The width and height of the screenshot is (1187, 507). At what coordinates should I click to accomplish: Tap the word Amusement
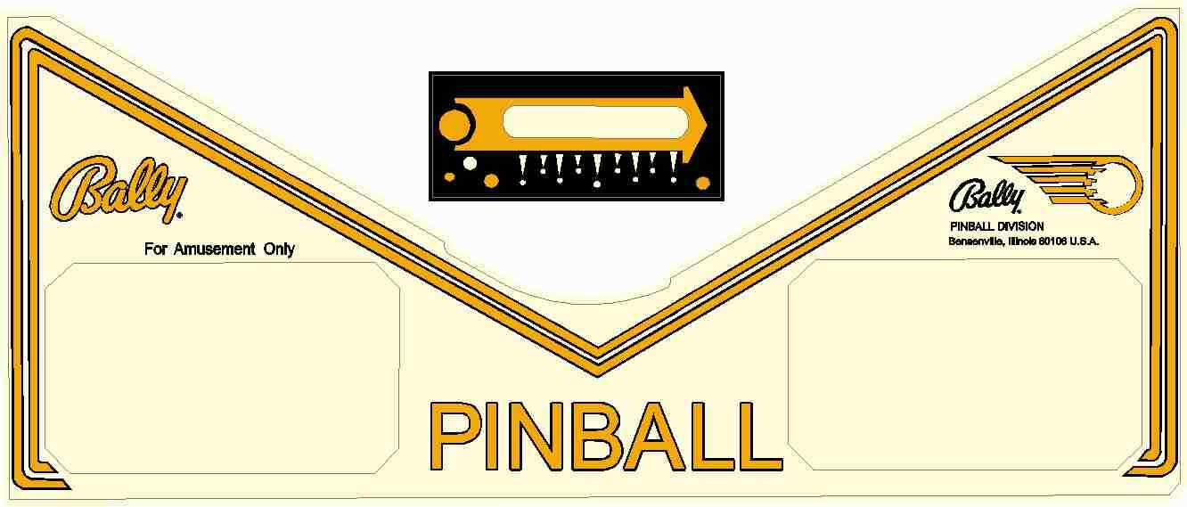tap(213, 249)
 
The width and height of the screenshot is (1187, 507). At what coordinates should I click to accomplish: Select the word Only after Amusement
tap(279, 249)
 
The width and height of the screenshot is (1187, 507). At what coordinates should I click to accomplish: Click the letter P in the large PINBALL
tap(457, 437)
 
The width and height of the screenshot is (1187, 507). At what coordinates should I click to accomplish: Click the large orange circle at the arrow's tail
tap(455, 126)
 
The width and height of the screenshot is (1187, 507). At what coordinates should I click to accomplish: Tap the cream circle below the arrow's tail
tap(470, 163)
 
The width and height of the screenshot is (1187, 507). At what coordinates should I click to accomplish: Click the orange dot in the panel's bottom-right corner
tap(702, 184)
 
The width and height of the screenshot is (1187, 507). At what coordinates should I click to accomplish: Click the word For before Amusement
tap(156, 249)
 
